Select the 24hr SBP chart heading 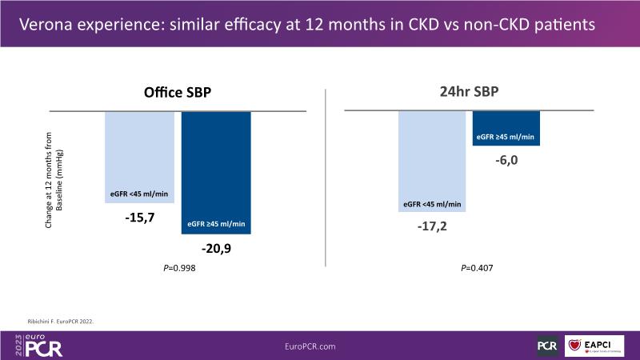click(x=469, y=92)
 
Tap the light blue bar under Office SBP click(x=139, y=156)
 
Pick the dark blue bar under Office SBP click(x=216, y=172)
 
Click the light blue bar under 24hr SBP click(x=432, y=160)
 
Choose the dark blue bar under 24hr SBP click(x=506, y=128)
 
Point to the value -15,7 click(x=139, y=217)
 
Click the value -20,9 click(x=217, y=250)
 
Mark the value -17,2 click(x=432, y=228)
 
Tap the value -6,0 click(x=505, y=161)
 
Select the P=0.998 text click(x=178, y=269)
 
